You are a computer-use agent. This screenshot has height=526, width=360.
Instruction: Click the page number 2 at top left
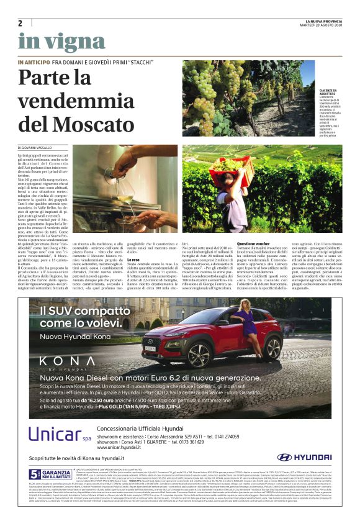(x=20, y=23)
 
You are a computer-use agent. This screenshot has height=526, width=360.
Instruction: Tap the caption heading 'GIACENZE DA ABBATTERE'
(x=328, y=91)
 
